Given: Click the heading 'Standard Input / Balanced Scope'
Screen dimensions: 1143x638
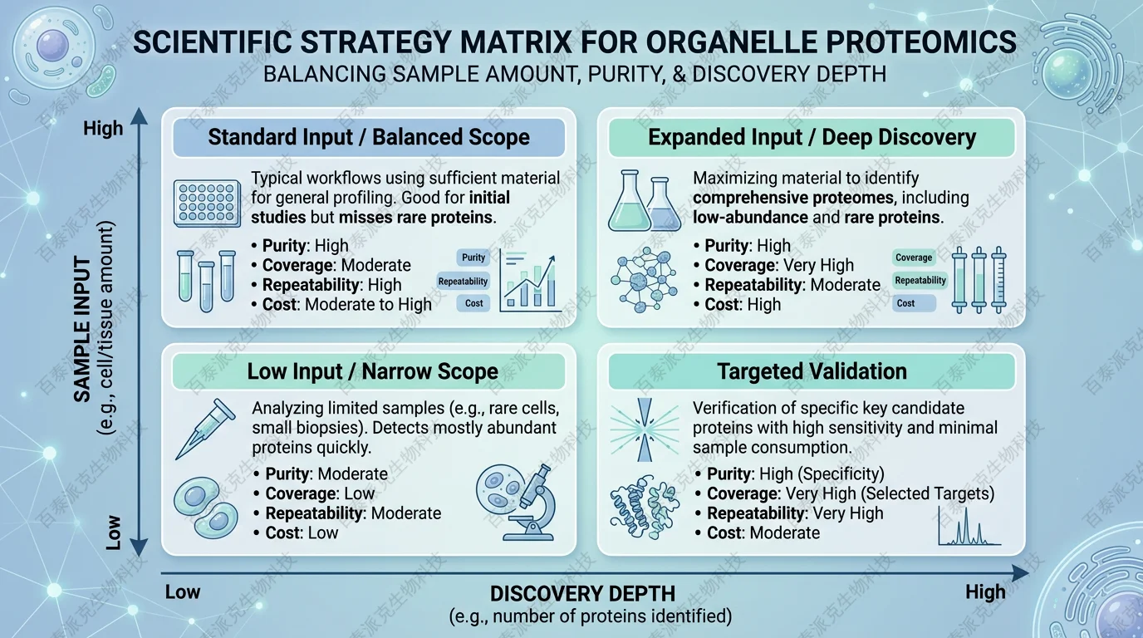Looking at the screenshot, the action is (369, 137).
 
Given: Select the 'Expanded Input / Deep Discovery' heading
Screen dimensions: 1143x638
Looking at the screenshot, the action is (812, 137).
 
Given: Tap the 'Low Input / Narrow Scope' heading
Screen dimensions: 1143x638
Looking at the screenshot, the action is (372, 371).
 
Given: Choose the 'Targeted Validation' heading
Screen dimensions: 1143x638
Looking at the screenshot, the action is (812, 371).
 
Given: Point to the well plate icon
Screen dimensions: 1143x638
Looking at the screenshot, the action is (207, 204).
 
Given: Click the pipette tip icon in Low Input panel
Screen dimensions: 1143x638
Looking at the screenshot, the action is (205, 429).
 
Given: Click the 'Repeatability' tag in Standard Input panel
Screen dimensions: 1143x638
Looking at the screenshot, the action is (463, 282).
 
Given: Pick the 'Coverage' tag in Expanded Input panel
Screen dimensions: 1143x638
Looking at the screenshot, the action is (914, 258).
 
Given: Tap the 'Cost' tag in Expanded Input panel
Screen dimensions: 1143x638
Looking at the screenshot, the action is (914, 303).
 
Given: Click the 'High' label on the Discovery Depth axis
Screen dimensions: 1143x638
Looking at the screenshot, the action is (985, 592).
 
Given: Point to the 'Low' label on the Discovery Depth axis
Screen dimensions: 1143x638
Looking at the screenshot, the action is (183, 592).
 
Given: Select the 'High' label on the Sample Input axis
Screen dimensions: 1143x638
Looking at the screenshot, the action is (103, 128).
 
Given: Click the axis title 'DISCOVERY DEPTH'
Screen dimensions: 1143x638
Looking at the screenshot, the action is (583, 594).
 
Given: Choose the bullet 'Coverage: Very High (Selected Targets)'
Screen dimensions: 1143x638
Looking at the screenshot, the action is (845, 493).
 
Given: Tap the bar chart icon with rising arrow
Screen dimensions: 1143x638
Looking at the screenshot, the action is (529, 281).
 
